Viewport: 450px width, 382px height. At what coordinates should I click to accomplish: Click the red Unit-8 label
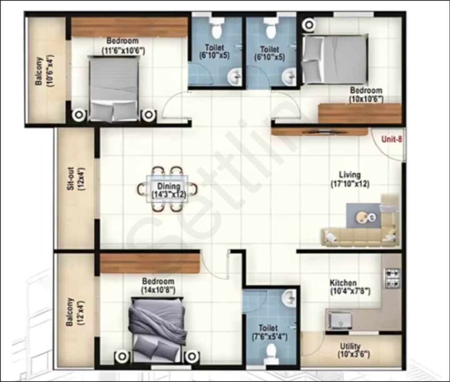coord(394,140)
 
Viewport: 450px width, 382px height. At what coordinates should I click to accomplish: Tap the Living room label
coord(350,175)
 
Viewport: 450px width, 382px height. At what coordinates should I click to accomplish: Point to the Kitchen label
coord(343,282)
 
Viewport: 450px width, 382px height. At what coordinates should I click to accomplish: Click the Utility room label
coord(350,346)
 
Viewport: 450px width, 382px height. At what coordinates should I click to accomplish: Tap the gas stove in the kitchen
coord(392,279)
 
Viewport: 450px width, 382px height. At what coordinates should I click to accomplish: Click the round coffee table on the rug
coord(362,216)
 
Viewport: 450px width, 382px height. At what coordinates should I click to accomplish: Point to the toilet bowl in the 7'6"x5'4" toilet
coord(271,352)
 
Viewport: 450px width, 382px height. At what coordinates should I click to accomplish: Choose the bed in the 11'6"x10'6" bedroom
coord(114,88)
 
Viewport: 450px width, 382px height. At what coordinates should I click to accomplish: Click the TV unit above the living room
coord(320,132)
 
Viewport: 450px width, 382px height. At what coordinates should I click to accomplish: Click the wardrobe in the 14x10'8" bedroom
coord(150,263)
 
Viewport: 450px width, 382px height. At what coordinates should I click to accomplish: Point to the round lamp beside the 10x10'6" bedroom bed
coord(309,25)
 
